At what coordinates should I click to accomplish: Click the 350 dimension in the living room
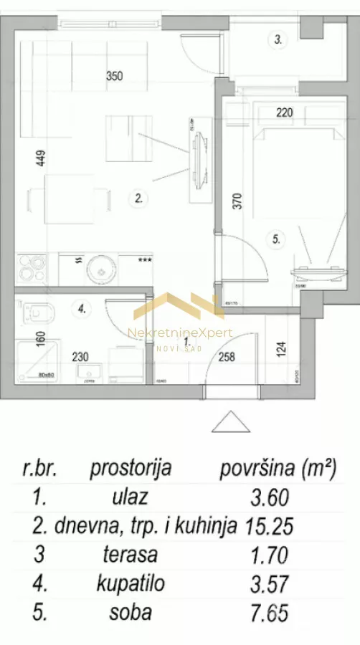tap(115, 74)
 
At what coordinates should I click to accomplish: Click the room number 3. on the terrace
tap(279, 41)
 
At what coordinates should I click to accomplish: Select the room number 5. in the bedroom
tap(276, 241)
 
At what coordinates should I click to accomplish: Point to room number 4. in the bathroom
tap(82, 310)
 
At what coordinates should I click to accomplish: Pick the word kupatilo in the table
tap(131, 584)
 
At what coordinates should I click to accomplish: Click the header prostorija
tap(131, 469)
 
